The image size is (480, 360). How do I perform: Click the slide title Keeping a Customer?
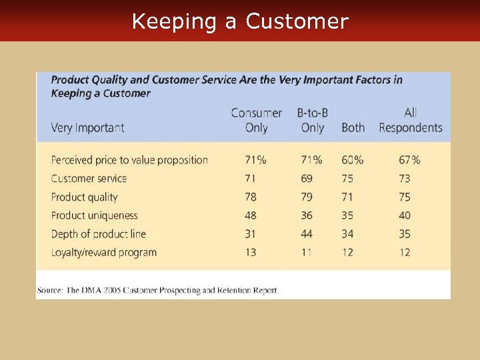[x=240, y=21]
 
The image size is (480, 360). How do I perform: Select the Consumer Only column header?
[x=257, y=120]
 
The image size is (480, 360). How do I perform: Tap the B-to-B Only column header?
[x=312, y=120]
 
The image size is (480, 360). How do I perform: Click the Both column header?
[x=353, y=127]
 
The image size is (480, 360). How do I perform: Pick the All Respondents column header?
[x=411, y=120]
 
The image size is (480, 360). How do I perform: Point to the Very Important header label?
[x=87, y=127]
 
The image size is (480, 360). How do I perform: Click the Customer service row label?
[x=89, y=179]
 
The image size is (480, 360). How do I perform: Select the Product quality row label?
[x=84, y=197]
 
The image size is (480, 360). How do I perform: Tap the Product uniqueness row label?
[x=94, y=215]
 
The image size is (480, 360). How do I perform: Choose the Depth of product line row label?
[x=98, y=234]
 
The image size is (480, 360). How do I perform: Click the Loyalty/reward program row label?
[x=103, y=253]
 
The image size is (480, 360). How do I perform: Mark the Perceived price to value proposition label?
[x=129, y=160]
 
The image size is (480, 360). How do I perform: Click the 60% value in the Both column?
[x=352, y=160]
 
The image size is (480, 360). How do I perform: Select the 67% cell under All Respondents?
[x=409, y=160]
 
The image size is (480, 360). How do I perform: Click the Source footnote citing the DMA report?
[x=157, y=290]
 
